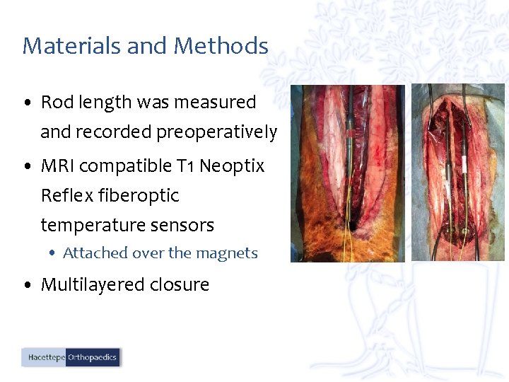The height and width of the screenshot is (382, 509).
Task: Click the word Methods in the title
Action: tap(221, 46)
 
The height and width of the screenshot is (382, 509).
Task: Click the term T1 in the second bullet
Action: tap(185, 166)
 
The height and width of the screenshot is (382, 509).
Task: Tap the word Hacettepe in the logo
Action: tap(45, 358)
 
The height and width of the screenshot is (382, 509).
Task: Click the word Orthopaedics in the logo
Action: tap(92, 358)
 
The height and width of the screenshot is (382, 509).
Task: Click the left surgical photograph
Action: tap(348, 173)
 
